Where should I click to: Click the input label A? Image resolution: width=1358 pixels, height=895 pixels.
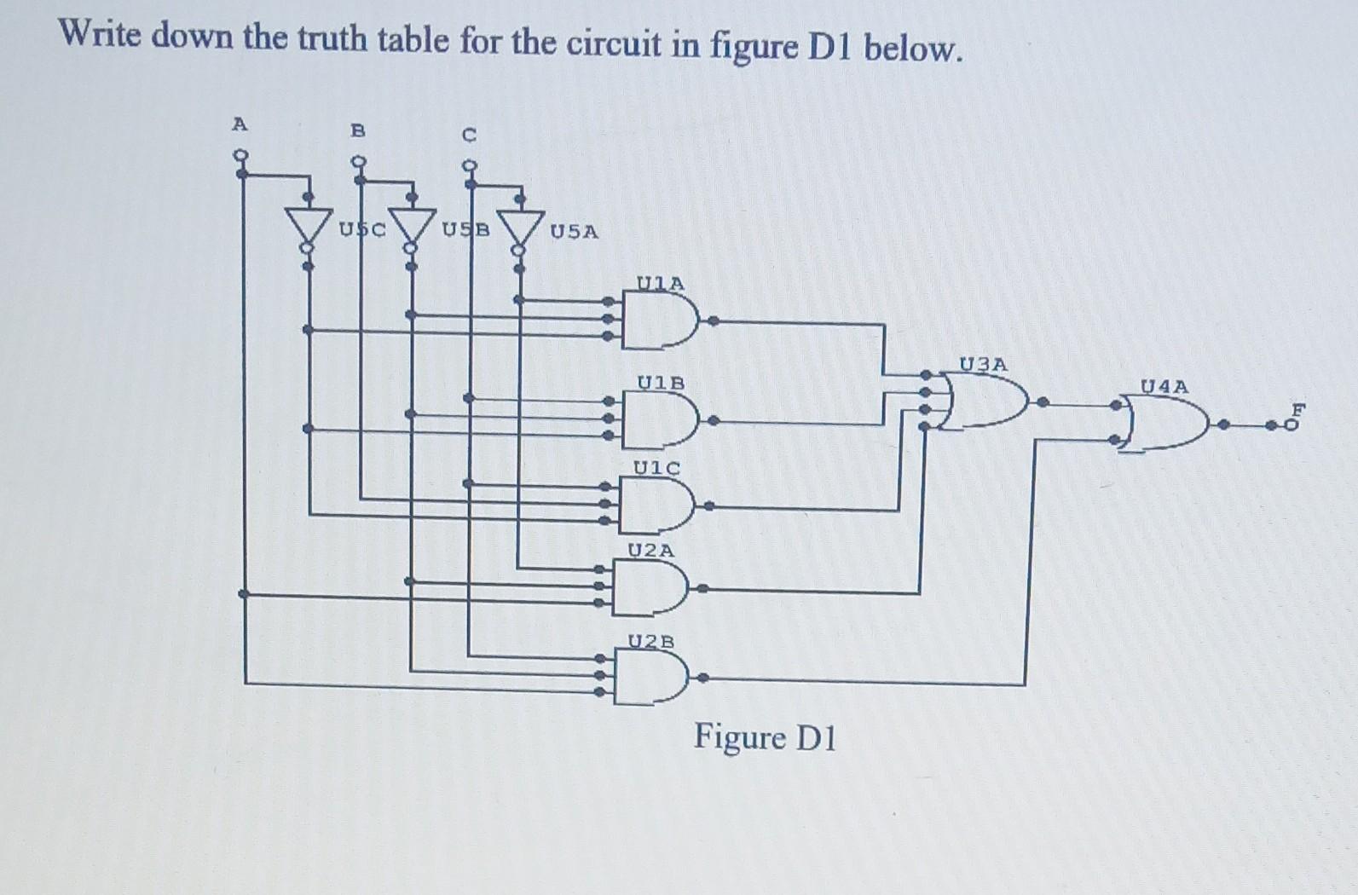point(240,124)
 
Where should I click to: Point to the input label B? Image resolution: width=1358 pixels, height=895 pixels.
point(358,130)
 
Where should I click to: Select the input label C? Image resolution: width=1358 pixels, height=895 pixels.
point(468,135)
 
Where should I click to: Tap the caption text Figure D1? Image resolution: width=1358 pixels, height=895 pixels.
point(765,737)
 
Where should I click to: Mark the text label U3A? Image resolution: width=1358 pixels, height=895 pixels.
point(983,365)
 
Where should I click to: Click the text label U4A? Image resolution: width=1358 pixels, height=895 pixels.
point(1164,386)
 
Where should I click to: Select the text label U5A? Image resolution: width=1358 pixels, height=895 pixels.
point(574,231)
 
